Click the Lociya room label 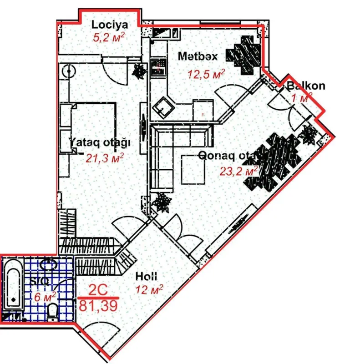point(109,25)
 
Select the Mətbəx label point(197,56)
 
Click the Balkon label point(306,86)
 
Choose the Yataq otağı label point(100,142)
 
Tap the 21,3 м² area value point(105,157)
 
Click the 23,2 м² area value point(239,172)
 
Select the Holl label point(147,276)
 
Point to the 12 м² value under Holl point(149,289)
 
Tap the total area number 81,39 point(99,305)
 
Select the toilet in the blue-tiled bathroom point(52,313)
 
